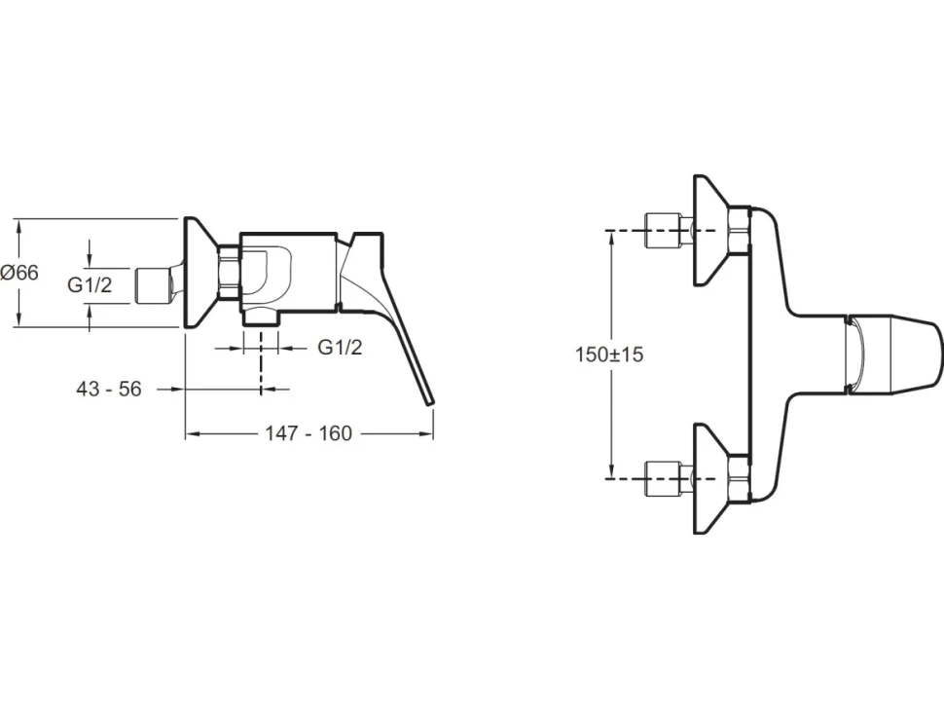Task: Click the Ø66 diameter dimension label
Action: tap(19, 273)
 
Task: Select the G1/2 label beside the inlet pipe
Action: tap(90, 284)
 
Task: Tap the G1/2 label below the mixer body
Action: tap(340, 347)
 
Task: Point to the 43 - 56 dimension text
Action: tap(109, 390)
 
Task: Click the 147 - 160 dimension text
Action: tap(309, 433)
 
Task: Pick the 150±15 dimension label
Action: tap(608, 354)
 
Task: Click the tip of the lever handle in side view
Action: tap(429, 402)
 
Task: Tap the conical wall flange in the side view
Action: tap(201, 273)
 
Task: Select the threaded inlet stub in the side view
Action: tap(156, 285)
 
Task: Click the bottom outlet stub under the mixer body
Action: tap(260, 318)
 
